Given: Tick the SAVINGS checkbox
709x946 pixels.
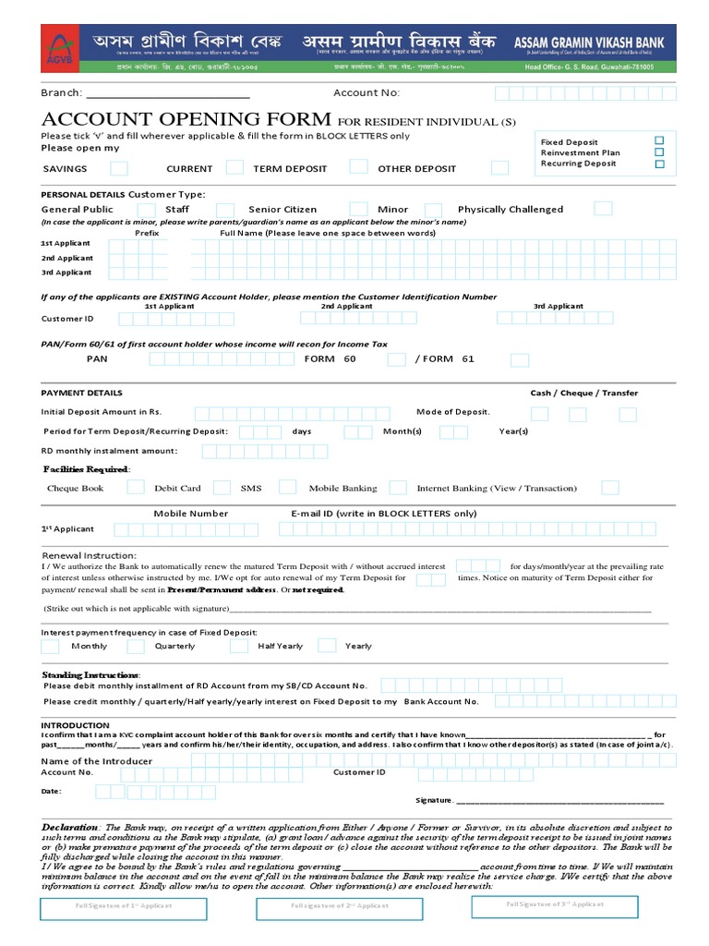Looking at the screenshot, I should click(x=119, y=168).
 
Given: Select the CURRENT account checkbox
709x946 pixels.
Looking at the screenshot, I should click(x=235, y=167).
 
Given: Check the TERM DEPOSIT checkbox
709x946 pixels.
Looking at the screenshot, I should click(x=357, y=166).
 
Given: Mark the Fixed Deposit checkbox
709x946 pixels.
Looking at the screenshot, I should click(x=659, y=141).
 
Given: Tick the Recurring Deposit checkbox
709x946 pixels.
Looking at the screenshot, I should click(x=659, y=164).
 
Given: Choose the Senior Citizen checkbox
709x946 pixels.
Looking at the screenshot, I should click(x=341, y=209).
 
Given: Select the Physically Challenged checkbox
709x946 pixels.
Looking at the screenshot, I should click(x=603, y=208).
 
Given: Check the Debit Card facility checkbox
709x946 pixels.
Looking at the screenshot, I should click(x=222, y=488).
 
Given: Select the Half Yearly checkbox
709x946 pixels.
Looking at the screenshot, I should click(x=322, y=646).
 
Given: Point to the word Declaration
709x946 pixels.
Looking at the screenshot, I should click(x=70, y=827).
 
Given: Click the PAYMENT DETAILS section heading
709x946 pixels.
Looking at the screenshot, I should click(x=81, y=393).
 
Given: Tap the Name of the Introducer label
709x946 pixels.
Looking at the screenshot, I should click(x=97, y=761).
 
